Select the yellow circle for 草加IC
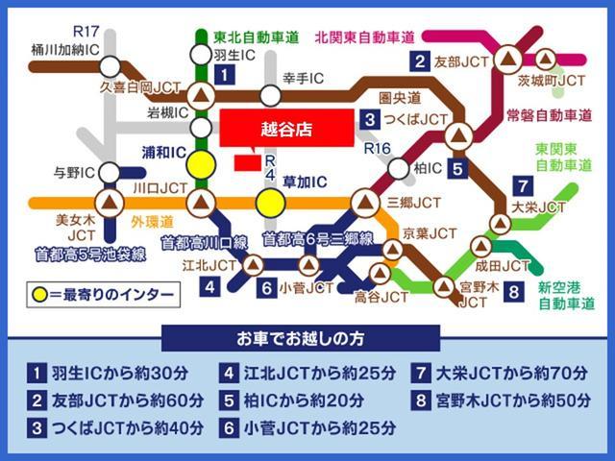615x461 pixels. [x=270, y=203]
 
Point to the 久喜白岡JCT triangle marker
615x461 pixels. [x=202, y=95]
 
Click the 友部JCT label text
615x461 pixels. [x=462, y=62]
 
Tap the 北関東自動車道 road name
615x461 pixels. [x=364, y=37]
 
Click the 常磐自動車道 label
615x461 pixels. [x=549, y=115]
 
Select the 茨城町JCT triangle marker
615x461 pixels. [x=547, y=59]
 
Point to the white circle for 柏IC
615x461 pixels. [x=398, y=169]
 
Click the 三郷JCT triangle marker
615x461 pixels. [x=364, y=203]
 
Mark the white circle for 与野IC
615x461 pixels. [x=110, y=173]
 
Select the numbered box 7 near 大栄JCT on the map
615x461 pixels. [x=521, y=186]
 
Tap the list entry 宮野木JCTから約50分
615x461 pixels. [x=505, y=400]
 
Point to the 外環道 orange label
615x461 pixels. [x=152, y=220]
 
